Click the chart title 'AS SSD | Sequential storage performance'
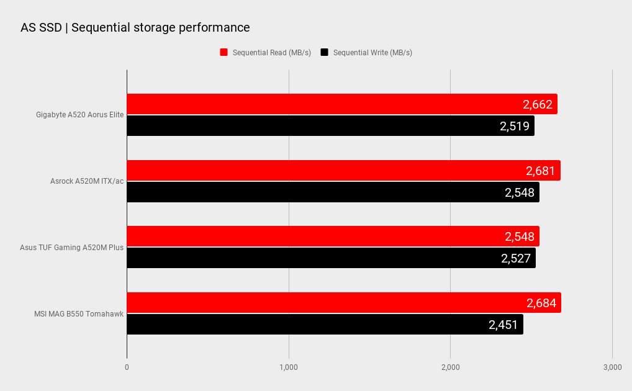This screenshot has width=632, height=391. coord(135,27)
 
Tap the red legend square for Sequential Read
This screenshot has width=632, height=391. coord(224,52)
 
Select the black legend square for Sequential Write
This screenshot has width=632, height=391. coord(324,52)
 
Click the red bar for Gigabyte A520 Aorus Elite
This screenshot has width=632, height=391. coord(310,104)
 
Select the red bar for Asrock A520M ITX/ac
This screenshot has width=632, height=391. coord(310,171)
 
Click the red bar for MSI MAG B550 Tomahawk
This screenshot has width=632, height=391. coord(310,303)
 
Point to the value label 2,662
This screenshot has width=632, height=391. coord(538,104)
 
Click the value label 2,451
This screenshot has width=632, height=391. coord(503,325)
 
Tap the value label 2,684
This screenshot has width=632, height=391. coord(541,303)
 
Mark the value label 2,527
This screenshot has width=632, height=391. coord(516,258)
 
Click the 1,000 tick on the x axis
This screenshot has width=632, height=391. coord(289,367)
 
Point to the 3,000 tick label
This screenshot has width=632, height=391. coord(612,367)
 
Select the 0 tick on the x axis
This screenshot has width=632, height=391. coord(127,367)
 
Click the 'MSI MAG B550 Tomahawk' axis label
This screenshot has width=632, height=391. coord(79,313)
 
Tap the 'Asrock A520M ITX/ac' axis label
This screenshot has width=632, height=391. coord(87,181)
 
